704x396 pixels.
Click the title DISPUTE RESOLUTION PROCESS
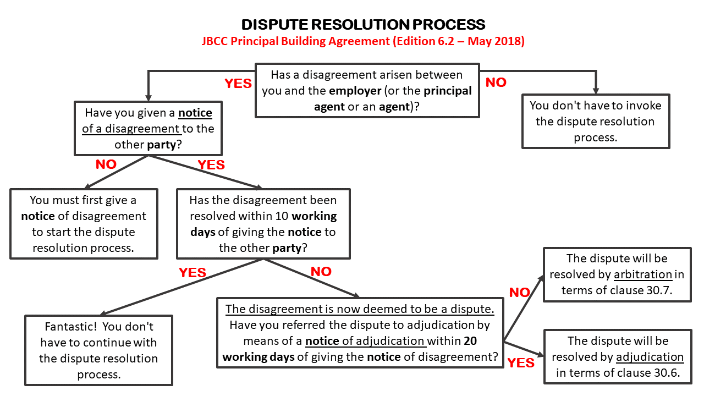click(x=363, y=25)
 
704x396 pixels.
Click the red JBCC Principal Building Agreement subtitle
click(x=363, y=41)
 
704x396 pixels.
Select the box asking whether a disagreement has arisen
click(x=367, y=91)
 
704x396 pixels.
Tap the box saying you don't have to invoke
click(x=596, y=121)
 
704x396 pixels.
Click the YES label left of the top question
click(x=238, y=84)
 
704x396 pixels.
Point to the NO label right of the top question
click(x=496, y=82)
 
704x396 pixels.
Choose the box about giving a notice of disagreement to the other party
click(x=148, y=128)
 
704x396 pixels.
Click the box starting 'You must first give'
click(x=84, y=224)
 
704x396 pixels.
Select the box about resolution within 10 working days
click(x=263, y=224)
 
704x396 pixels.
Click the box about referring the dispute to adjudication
click(x=360, y=333)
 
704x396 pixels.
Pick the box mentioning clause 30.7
click(x=617, y=274)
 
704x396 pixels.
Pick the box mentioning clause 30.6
click(x=617, y=356)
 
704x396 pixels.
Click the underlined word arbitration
click(x=643, y=274)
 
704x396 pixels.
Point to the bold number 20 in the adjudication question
click(x=470, y=341)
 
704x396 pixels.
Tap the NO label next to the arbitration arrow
click(x=519, y=293)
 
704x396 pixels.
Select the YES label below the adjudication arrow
click(x=521, y=363)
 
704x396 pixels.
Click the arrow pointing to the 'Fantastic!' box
click(x=182, y=287)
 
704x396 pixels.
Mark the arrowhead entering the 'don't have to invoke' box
click(x=596, y=90)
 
